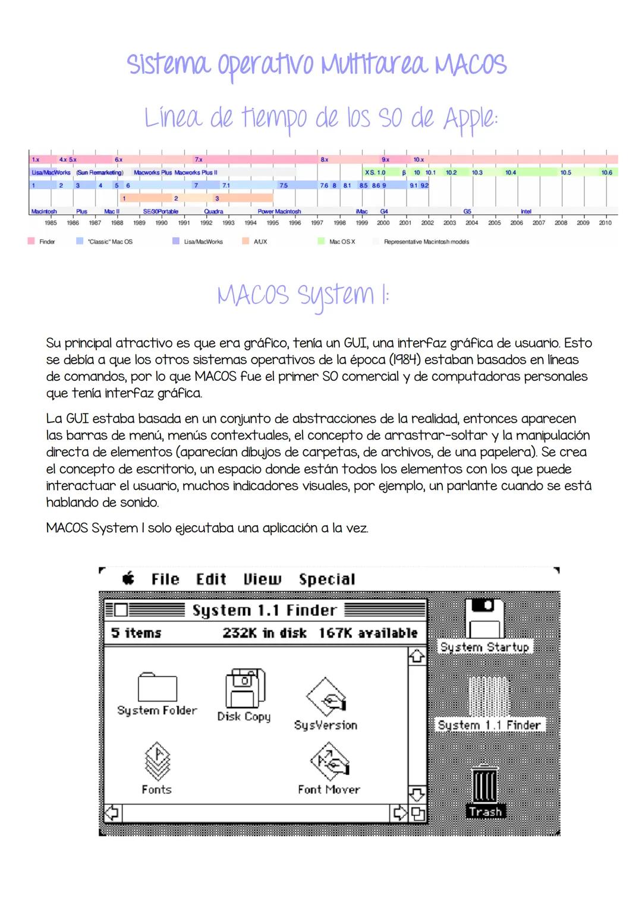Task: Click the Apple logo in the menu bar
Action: click(128, 579)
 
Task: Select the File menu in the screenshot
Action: click(165, 579)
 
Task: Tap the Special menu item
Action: click(327, 579)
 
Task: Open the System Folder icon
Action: click(157, 688)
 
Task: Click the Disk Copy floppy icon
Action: click(244, 689)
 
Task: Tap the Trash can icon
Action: click(485, 784)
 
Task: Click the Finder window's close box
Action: click(121, 610)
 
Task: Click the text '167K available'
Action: click(368, 633)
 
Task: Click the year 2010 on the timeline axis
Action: click(605, 223)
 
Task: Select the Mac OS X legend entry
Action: click(341, 242)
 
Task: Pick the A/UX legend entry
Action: click(260, 242)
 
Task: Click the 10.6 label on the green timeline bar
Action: click(606, 172)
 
